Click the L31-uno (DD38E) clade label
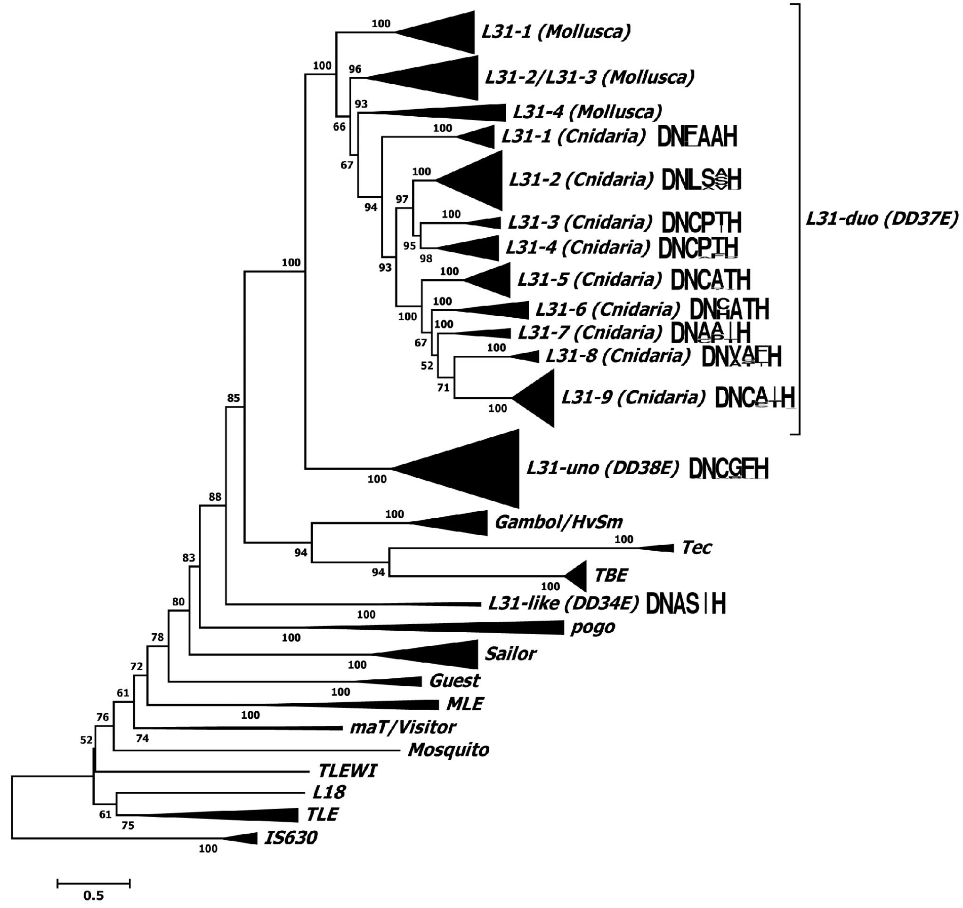[603, 468]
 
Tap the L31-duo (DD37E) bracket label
[882, 219]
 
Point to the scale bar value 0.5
[94, 895]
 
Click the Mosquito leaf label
[449, 750]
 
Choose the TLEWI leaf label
[348, 771]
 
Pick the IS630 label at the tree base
[290, 838]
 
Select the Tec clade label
[696, 548]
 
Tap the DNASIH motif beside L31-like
[686, 604]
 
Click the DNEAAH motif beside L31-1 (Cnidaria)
[697, 137]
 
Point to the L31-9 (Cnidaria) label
[633, 398]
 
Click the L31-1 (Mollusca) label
[556, 32]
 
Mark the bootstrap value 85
[234, 398]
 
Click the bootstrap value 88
[215, 497]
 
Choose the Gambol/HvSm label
[558, 522]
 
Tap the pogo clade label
[592, 627]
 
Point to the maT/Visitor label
[403, 727]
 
